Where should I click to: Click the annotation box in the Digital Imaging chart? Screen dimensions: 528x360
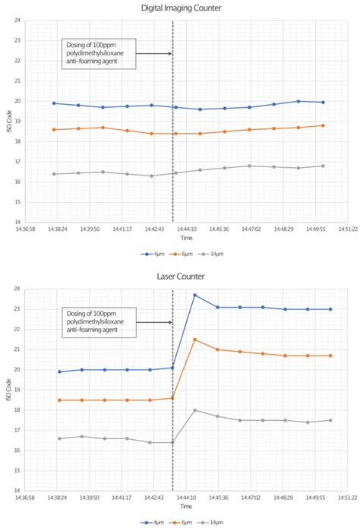[x=98, y=53]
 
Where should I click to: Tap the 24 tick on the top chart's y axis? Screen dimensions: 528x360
[x=17, y=21]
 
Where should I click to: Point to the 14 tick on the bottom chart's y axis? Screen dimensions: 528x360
[x=17, y=491]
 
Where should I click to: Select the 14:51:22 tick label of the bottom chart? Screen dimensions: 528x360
[x=347, y=498]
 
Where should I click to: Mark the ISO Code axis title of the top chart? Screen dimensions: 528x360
[x=7, y=122]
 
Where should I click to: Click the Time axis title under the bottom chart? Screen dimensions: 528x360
[x=186, y=507]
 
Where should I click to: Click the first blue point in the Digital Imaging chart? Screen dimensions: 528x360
[x=54, y=103]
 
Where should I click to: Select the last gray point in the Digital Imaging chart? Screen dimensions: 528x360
[x=323, y=166]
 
